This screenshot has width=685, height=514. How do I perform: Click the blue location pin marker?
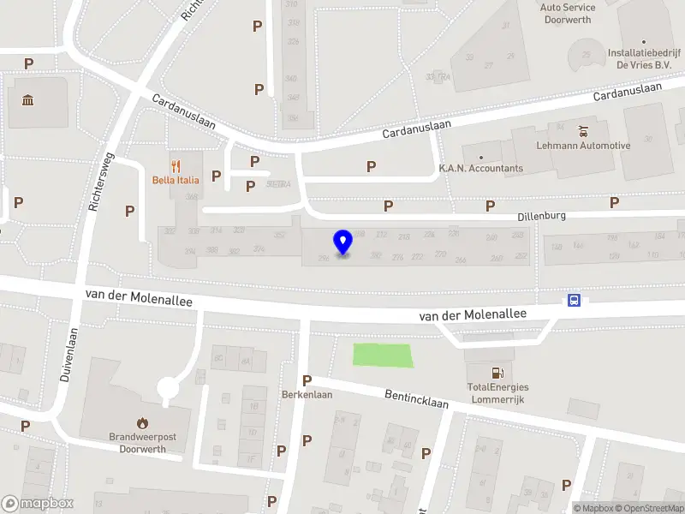[x=343, y=242]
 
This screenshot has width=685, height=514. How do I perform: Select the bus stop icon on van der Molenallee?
[x=574, y=300]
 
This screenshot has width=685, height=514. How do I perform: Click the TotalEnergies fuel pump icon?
[x=497, y=373]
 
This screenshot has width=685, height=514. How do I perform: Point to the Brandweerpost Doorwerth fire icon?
[x=142, y=422]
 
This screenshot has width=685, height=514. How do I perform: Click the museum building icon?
[x=28, y=101]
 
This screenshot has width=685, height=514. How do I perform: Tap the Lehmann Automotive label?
[x=582, y=146]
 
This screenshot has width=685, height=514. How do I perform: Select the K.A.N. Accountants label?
[x=480, y=168]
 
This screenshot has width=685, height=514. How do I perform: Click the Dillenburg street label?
[x=541, y=217]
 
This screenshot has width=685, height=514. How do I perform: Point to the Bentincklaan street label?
[x=417, y=397]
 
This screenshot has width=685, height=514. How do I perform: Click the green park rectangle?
[x=383, y=355]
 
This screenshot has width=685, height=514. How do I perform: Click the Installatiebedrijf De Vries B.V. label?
[x=643, y=57]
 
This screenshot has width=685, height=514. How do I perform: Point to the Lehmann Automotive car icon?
[x=584, y=131]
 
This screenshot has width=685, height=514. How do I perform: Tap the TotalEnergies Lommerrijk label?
[x=497, y=392]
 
